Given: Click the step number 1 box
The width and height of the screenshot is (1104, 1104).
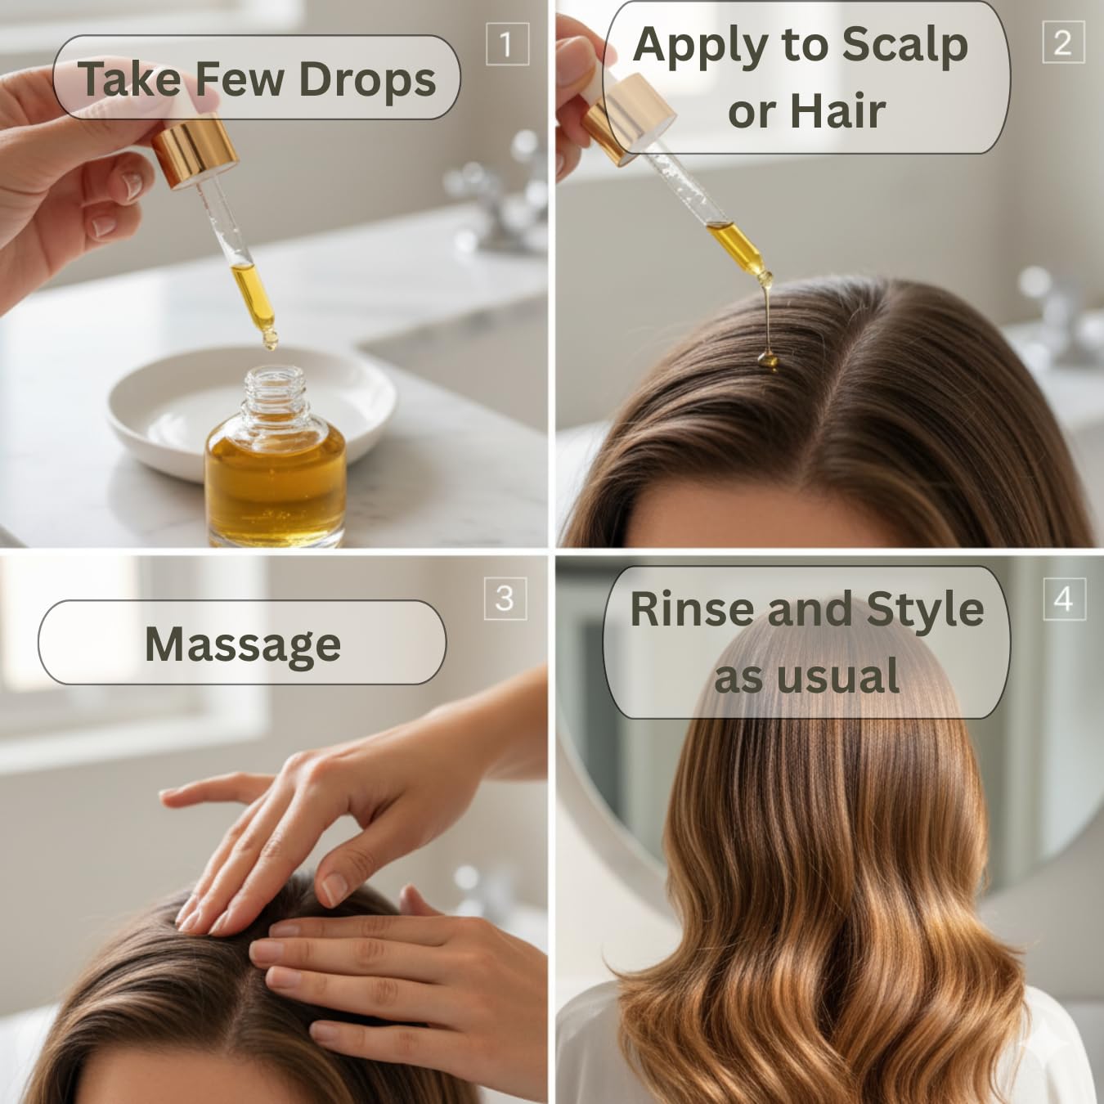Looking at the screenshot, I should (506, 44).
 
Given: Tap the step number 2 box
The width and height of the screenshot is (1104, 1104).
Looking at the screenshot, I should (1063, 42).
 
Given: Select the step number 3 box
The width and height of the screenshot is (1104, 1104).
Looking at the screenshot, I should (505, 599).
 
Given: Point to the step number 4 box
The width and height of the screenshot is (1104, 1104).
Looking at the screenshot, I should (1063, 599).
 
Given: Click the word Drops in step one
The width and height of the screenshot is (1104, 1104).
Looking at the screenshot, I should (367, 79).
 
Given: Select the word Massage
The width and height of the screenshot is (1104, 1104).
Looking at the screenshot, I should (243, 644).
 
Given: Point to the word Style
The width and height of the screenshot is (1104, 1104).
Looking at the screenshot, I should (924, 611).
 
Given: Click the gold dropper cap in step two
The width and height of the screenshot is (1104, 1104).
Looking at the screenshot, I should (630, 114).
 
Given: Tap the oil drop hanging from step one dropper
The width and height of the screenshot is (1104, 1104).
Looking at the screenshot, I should (268, 338).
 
